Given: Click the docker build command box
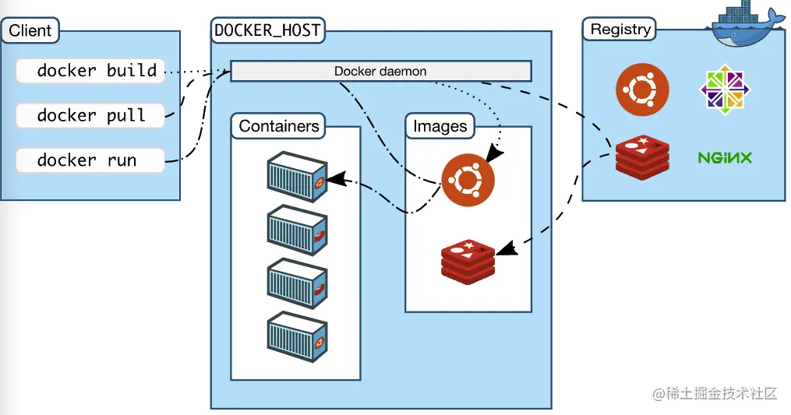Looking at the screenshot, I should [x=90, y=71].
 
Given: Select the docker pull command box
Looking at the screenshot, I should [x=90, y=116].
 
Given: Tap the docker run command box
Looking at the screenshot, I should [x=90, y=161].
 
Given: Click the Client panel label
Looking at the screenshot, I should [x=30, y=31].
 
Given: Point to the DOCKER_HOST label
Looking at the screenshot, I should [x=267, y=31].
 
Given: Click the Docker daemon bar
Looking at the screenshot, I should [x=380, y=72].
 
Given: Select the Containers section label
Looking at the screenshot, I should [x=279, y=126].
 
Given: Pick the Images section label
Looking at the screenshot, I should [x=440, y=126].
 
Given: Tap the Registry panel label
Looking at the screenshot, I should [x=620, y=30].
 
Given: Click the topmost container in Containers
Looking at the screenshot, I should [x=296, y=178].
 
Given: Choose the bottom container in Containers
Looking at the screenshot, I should [x=296, y=338].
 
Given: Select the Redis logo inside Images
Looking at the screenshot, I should [x=468, y=262].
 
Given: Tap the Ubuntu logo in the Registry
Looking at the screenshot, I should [x=642, y=90].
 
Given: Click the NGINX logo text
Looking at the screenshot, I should [x=725, y=158].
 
